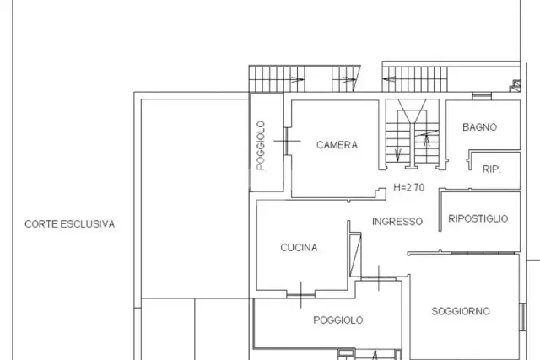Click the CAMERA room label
337,145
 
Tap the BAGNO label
479,127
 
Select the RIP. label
491,169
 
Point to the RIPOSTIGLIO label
478,218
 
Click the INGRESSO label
397,221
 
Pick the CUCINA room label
299,248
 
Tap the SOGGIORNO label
461,311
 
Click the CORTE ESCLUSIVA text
69,224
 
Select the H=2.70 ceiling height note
408,187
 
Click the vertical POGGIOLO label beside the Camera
261,145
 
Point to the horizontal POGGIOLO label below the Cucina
337,320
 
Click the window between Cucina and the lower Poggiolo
300,295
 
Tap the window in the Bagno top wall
482,96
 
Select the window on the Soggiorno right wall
522,317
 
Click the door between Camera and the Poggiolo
286,141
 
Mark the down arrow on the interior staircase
397,155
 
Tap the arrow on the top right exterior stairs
389,79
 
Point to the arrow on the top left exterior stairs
297,80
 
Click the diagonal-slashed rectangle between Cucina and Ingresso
355,255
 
